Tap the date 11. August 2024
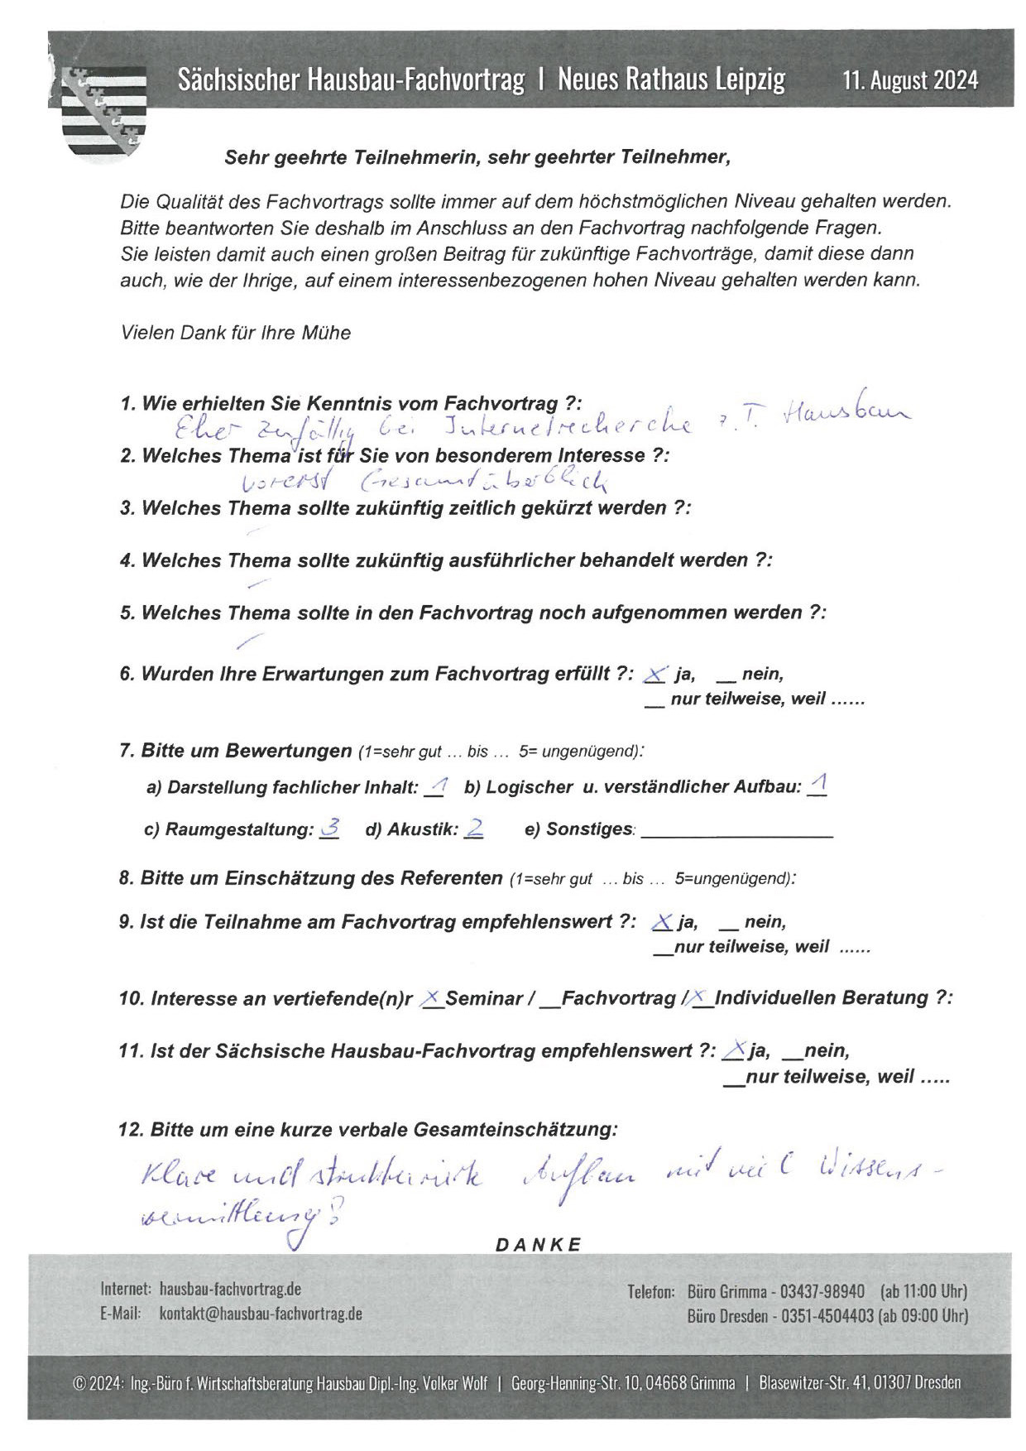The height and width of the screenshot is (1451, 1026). pos(910,80)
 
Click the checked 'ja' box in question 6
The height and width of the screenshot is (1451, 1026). pos(654,675)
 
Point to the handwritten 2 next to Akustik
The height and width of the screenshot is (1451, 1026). pos(474,828)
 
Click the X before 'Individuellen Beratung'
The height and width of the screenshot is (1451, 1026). pos(702,998)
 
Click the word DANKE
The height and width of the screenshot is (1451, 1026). pos(539,1245)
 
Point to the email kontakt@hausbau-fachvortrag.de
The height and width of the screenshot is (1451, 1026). pos(260,1314)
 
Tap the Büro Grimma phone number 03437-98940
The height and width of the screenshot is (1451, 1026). pos(822,1292)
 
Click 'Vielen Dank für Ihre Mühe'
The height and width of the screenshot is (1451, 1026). pos(236,333)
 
